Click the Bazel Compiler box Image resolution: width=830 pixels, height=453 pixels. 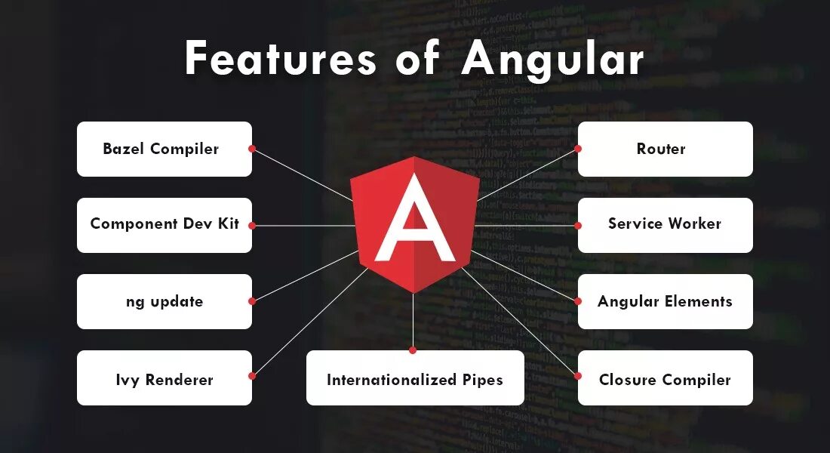(164, 149)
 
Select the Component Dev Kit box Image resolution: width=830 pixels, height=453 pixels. (164, 224)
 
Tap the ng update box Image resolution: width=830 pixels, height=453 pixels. (164, 301)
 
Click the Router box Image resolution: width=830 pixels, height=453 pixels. (665, 149)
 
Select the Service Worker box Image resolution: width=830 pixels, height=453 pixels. (665, 224)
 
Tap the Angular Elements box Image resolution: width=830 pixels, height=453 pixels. (665, 301)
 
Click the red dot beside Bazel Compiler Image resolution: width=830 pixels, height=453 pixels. (252, 149)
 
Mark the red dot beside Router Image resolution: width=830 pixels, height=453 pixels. (578, 149)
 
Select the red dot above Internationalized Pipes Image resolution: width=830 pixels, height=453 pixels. (413, 350)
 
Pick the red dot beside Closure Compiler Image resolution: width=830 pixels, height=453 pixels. (578, 376)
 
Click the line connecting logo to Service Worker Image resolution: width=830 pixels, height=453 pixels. (528, 225)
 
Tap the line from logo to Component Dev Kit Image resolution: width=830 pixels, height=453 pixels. (302, 225)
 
